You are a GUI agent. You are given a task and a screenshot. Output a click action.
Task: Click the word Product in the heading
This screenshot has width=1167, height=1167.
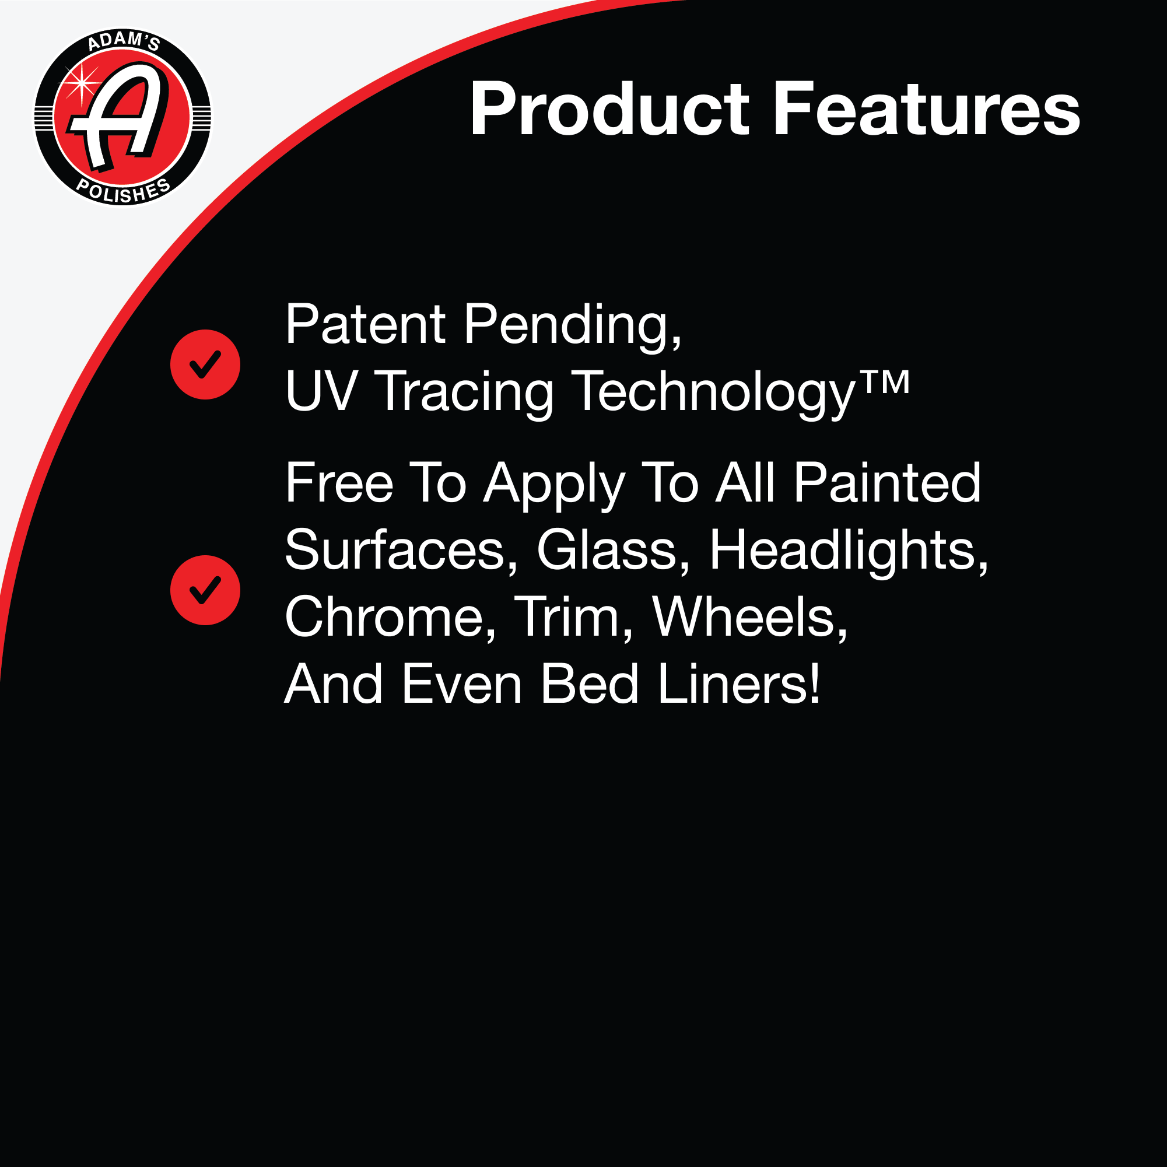609,110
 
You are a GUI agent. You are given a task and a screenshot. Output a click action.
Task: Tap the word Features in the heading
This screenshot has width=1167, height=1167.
926,108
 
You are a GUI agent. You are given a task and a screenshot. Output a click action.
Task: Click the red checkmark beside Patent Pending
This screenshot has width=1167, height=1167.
205,365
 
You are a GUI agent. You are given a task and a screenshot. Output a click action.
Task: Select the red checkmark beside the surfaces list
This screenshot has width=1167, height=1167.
205,590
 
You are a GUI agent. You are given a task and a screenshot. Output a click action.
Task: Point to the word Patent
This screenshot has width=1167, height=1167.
365,324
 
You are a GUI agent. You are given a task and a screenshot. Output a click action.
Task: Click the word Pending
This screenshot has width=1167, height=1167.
573,327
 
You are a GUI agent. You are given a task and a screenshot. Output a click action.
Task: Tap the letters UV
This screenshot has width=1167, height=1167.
321,391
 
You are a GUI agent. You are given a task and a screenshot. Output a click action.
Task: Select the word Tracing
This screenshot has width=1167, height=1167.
464,393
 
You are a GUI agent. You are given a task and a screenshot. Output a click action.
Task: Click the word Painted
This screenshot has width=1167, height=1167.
887,483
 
